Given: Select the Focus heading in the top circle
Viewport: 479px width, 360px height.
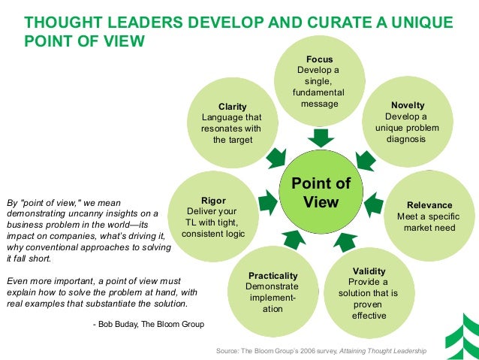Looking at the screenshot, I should [x=320, y=59].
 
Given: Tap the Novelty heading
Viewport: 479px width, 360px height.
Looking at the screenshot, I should [x=407, y=105].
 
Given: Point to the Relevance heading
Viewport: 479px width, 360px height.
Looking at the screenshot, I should [x=429, y=204].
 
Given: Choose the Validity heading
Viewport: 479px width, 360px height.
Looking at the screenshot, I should [x=369, y=271].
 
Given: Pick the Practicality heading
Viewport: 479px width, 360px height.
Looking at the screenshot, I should [x=273, y=275].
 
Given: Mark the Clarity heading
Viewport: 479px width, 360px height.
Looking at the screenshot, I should [x=232, y=107].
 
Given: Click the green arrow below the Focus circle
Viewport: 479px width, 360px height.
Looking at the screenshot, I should [x=321, y=138].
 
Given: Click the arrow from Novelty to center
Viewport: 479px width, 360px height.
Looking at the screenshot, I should [x=365, y=159].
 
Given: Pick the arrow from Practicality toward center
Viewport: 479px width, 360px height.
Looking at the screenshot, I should [x=294, y=240].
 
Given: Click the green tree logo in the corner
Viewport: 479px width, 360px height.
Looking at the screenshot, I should [x=464, y=331].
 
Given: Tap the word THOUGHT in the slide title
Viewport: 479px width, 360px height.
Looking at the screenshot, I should [x=57, y=23].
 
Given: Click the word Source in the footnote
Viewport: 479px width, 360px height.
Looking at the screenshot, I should [x=228, y=351].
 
